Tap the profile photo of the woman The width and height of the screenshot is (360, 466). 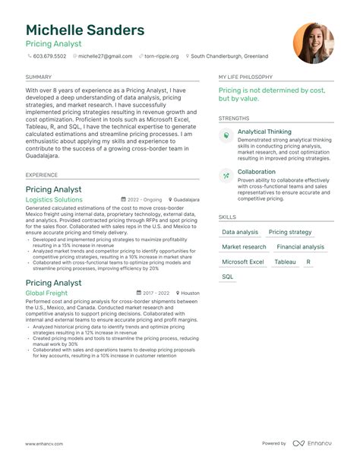[313, 43]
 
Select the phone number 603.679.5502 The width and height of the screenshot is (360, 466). [51, 56]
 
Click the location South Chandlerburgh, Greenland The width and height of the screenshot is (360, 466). [229, 56]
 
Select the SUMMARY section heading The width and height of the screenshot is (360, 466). [39, 77]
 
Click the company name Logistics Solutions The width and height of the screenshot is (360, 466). [54, 199]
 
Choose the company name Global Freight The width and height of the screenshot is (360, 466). [46, 293]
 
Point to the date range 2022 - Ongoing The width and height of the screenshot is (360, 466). [144, 200]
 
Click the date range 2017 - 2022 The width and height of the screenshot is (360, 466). [156, 293]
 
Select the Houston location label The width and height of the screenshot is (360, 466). [190, 293]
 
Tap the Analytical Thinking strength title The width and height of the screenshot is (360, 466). [264, 132]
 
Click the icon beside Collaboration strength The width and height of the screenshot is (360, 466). [226, 176]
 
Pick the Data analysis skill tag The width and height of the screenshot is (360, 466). [240, 232]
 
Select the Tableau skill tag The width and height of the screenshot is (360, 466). [286, 262]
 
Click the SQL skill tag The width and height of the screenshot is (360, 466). [228, 277]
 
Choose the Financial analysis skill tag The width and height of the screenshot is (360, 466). [300, 247]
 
